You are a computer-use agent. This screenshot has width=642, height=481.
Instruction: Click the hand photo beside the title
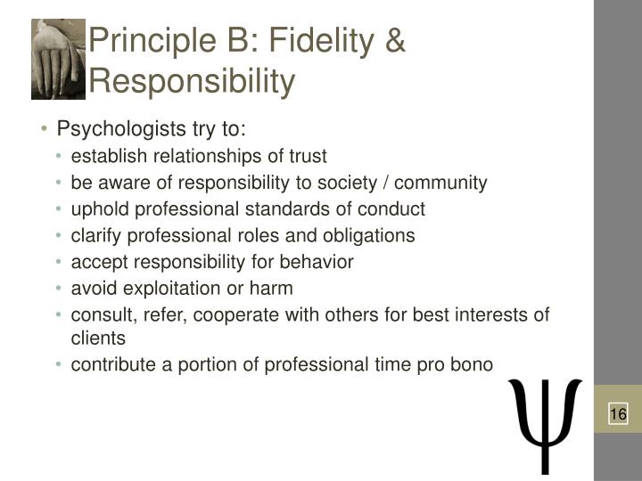[x=58, y=60]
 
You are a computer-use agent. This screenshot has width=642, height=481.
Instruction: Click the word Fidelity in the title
[x=321, y=40]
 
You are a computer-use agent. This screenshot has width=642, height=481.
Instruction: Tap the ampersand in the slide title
[x=395, y=40]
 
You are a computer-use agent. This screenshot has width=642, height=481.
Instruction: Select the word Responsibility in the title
[x=192, y=81]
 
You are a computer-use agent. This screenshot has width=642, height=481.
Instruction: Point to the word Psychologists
[x=121, y=129]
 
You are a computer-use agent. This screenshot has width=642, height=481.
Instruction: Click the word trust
[x=308, y=156]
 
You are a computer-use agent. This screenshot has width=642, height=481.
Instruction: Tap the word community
[x=440, y=183]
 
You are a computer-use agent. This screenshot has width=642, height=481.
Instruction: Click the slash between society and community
[x=385, y=183]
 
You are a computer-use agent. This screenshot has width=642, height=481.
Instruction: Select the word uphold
[x=100, y=209]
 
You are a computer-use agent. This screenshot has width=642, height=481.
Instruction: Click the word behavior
[x=317, y=262]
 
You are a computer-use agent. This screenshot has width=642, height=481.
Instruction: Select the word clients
[x=98, y=338]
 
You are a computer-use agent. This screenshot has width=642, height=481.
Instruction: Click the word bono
[x=472, y=364]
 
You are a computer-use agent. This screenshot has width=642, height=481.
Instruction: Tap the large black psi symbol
[x=545, y=426]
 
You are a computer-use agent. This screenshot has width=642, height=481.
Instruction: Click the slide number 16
[x=618, y=414]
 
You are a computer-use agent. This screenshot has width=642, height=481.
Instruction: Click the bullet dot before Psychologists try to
[x=44, y=129]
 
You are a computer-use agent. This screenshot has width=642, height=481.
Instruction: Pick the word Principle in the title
[x=152, y=42]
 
